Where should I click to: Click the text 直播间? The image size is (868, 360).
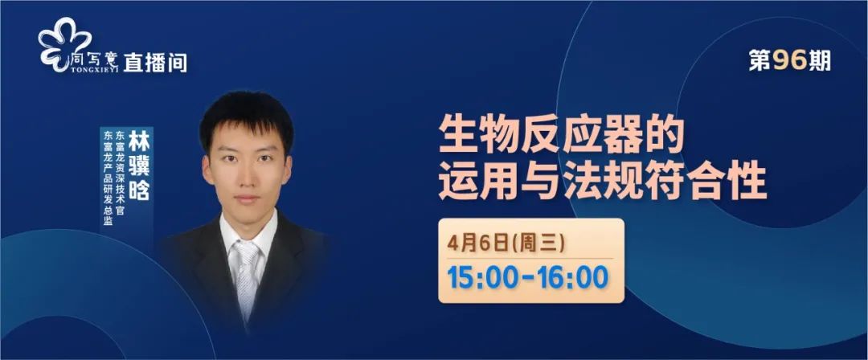(155, 63)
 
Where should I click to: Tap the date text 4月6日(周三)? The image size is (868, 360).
(506, 243)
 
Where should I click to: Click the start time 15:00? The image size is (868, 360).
(481, 277)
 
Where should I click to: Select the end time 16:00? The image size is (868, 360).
(575, 277)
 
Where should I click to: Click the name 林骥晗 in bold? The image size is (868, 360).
(139, 166)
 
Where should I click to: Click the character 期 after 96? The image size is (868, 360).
(819, 61)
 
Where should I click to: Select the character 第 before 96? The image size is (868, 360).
(760, 61)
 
